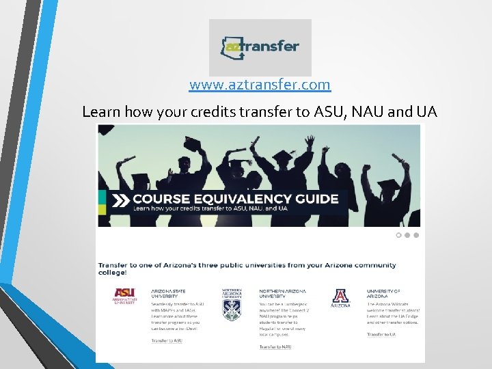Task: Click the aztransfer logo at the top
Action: pyautogui.click(x=260, y=47)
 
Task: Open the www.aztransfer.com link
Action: pyautogui.click(x=260, y=85)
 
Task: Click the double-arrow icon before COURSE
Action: pyautogui.click(x=121, y=200)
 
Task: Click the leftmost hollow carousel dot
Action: pyautogui.click(x=399, y=235)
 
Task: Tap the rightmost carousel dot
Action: pyautogui.click(x=416, y=235)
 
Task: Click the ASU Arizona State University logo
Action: pyautogui.click(x=125, y=296)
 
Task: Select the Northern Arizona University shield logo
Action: pyautogui.click(x=232, y=305)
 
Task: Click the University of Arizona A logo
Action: pyautogui.click(x=340, y=297)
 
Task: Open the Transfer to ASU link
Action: pyautogui.click(x=167, y=340)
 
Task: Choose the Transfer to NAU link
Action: pyautogui.click(x=275, y=346)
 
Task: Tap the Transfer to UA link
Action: pyautogui.click(x=381, y=334)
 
